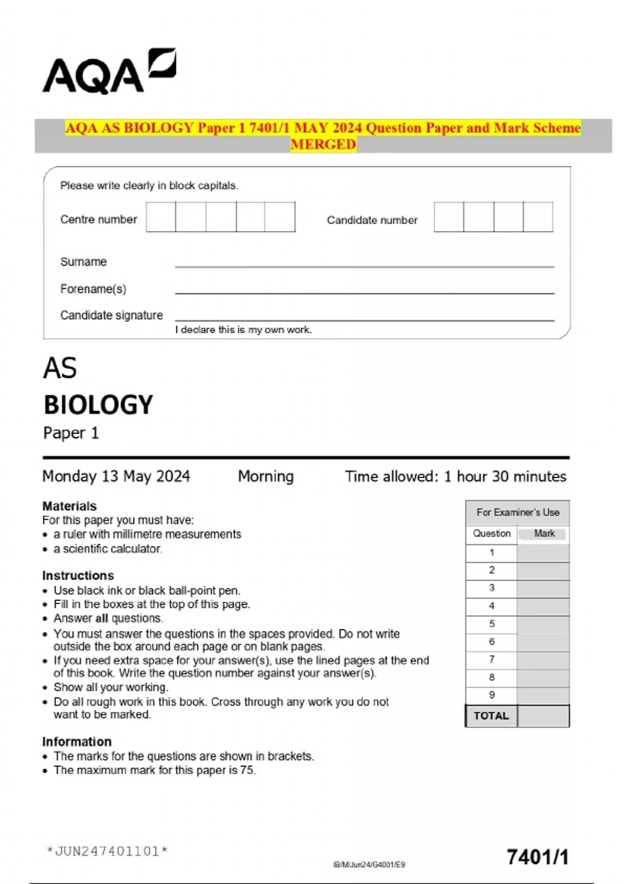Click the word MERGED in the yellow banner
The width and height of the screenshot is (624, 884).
[x=323, y=144]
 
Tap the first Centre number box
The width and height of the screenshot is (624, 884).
[x=161, y=217]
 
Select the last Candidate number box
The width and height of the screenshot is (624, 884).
[x=538, y=217]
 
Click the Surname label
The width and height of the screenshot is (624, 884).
[x=83, y=262]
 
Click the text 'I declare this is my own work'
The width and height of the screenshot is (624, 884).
[x=243, y=330]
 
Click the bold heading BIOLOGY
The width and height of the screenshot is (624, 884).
[x=98, y=405]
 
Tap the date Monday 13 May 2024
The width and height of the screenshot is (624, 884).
[x=116, y=476]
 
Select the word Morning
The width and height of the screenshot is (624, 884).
[x=266, y=476]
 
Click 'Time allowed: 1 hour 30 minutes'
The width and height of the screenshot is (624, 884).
[x=456, y=476]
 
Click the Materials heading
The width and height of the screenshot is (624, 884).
[x=69, y=506]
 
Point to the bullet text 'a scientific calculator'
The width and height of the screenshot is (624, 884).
[x=108, y=549]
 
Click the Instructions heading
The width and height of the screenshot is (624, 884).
[x=78, y=576]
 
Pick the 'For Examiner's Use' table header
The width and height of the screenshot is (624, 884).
[x=517, y=512]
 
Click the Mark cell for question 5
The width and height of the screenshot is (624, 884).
[x=543, y=623]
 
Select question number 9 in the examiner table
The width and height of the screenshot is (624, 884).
[x=491, y=695]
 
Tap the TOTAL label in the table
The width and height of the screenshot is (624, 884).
[x=491, y=716]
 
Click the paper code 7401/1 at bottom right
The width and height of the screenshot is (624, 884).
[x=538, y=857]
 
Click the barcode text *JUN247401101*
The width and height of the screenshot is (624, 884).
[x=107, y=851]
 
